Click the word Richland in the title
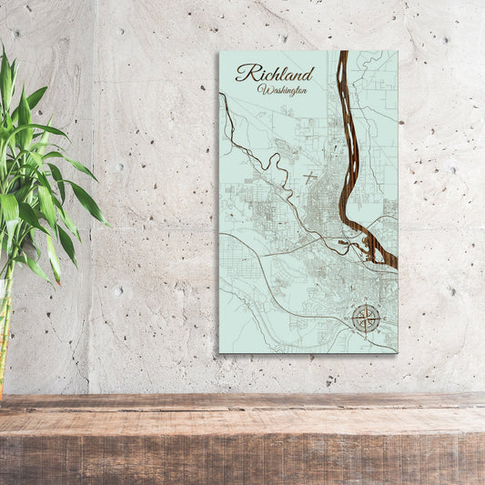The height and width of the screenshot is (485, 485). (274, 74)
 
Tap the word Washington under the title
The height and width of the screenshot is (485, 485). (282, 90)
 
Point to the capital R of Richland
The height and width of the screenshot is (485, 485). (243, 74)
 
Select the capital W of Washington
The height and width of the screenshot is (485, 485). (264, 89)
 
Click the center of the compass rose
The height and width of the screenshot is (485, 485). (367, 318)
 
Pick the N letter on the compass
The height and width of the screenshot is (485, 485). (367, 304)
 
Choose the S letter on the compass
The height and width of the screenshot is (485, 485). (367, 332)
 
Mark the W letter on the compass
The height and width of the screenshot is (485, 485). (352, 318)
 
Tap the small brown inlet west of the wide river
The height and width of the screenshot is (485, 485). (344, 243)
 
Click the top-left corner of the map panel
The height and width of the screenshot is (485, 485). (219, 52)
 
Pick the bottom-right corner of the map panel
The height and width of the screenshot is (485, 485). (397, 352)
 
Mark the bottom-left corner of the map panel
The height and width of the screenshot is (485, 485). (219, 352)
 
